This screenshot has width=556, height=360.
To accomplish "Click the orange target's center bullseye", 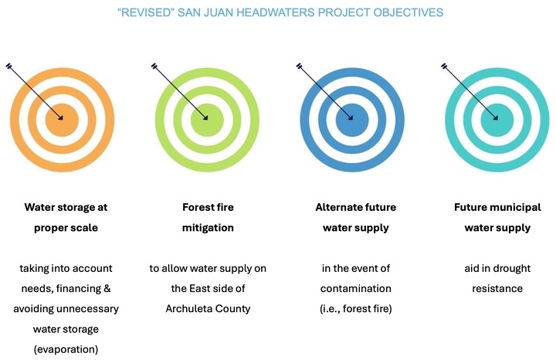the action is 62,120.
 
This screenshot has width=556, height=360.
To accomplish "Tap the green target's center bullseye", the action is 207,120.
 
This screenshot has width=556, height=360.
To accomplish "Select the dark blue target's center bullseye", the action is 352,120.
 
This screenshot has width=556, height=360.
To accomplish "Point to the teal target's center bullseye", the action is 497,120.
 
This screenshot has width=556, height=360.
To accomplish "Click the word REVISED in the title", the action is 146,12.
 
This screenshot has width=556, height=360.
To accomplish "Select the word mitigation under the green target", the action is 208,228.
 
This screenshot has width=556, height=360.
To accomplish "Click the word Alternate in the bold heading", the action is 333,207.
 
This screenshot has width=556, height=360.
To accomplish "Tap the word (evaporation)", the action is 66,349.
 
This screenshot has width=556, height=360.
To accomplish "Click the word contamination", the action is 356,288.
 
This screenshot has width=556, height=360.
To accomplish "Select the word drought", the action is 511,269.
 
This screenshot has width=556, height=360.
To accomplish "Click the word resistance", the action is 497,288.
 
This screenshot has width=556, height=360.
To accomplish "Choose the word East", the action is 200,288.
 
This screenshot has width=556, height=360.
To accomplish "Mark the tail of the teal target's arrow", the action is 444,66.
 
